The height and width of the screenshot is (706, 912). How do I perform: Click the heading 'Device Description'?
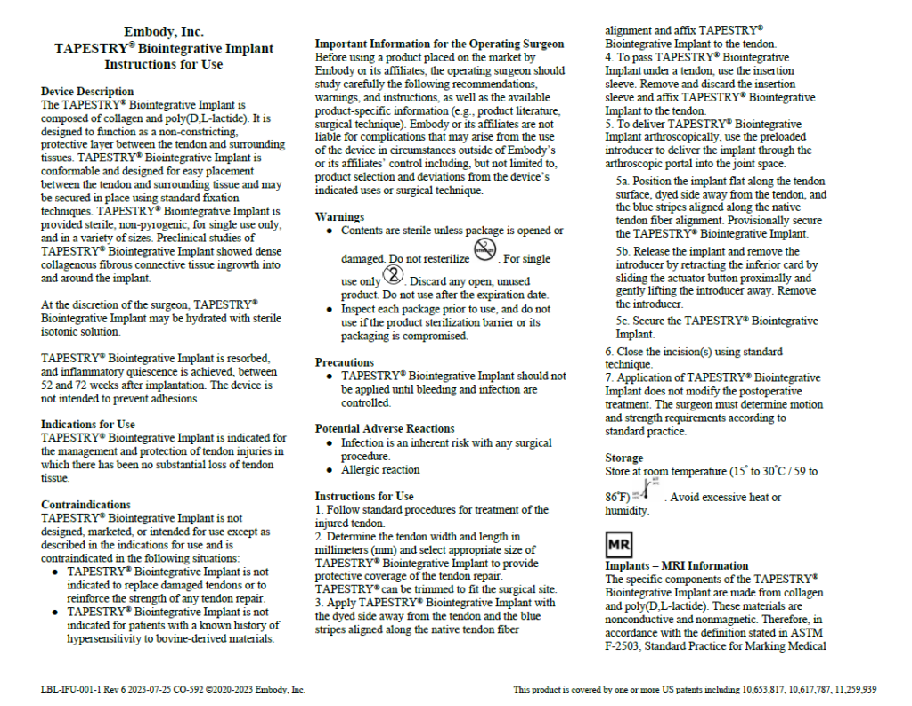(87, 92)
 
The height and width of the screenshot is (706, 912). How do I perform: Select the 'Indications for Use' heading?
(88, 425)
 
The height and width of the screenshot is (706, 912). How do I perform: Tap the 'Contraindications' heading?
(85, 505)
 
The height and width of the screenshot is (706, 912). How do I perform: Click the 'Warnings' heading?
(339, 217)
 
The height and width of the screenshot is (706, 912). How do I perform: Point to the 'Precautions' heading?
(345, 362)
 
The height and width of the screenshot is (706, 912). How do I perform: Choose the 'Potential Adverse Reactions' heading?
(385, 429)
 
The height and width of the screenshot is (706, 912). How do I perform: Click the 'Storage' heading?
(623, 458)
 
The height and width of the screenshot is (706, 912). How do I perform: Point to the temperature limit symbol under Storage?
(647, 492)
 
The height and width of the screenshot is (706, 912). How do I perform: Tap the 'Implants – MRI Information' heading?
(677, 566)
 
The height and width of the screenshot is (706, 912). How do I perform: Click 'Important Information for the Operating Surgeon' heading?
(439, 44)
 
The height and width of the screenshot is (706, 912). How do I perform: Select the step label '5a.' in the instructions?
(625, 181)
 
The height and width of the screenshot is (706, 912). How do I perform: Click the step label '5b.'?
(625, 252)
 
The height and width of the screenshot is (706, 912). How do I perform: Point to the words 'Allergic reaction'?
(380, 470)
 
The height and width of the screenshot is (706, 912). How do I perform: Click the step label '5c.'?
(625, 321)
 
